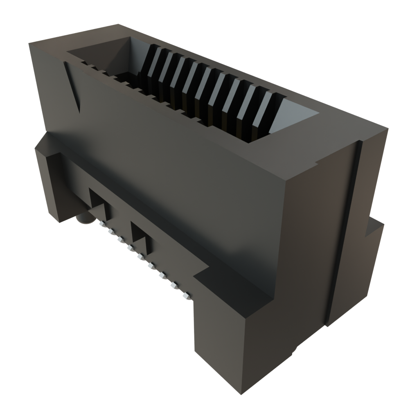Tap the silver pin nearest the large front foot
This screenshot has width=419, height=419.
186,296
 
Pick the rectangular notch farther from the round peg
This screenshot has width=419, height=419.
142,237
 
